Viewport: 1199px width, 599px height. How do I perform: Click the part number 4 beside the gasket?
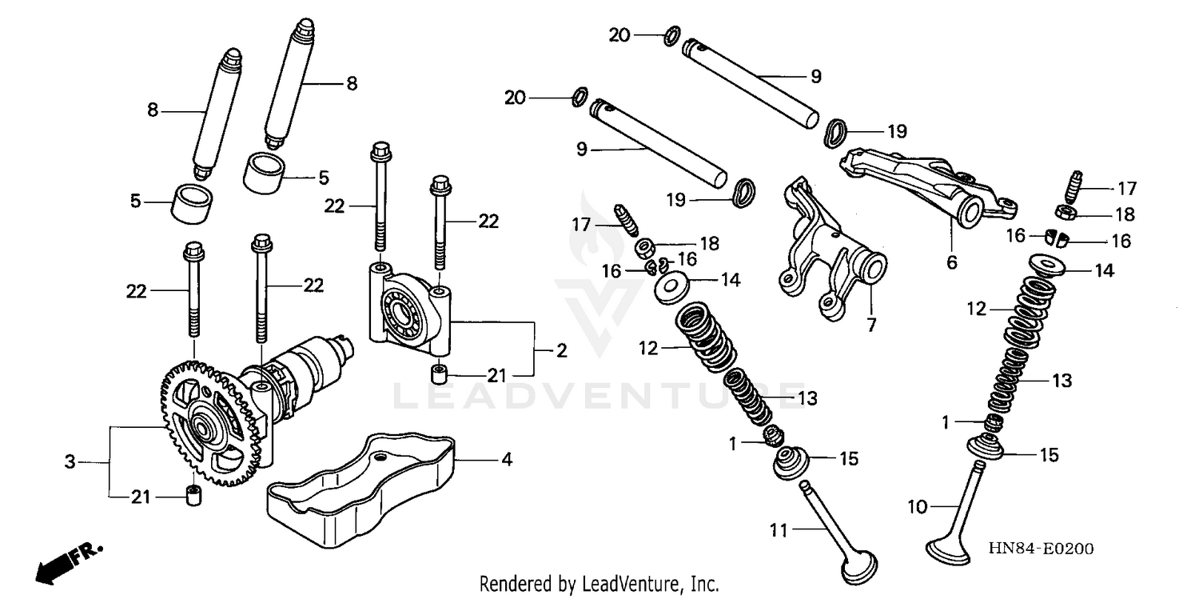click(x=506, y=460)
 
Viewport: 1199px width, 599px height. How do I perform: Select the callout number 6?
click(x=952, y=262)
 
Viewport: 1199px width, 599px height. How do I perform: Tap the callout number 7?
click(x=871, y=325)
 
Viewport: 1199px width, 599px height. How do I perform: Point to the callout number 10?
click(x=916, y=505)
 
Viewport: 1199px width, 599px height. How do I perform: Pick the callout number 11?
click(x=779, y=529)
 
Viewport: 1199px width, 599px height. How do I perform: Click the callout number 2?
click(x=562, y=351)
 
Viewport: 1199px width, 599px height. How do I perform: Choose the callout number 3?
click(x=70, y=461)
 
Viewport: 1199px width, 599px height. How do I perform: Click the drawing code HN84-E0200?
click(x=1041, y=549)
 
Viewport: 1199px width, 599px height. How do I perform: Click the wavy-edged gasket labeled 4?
click(x=360, y=488)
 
